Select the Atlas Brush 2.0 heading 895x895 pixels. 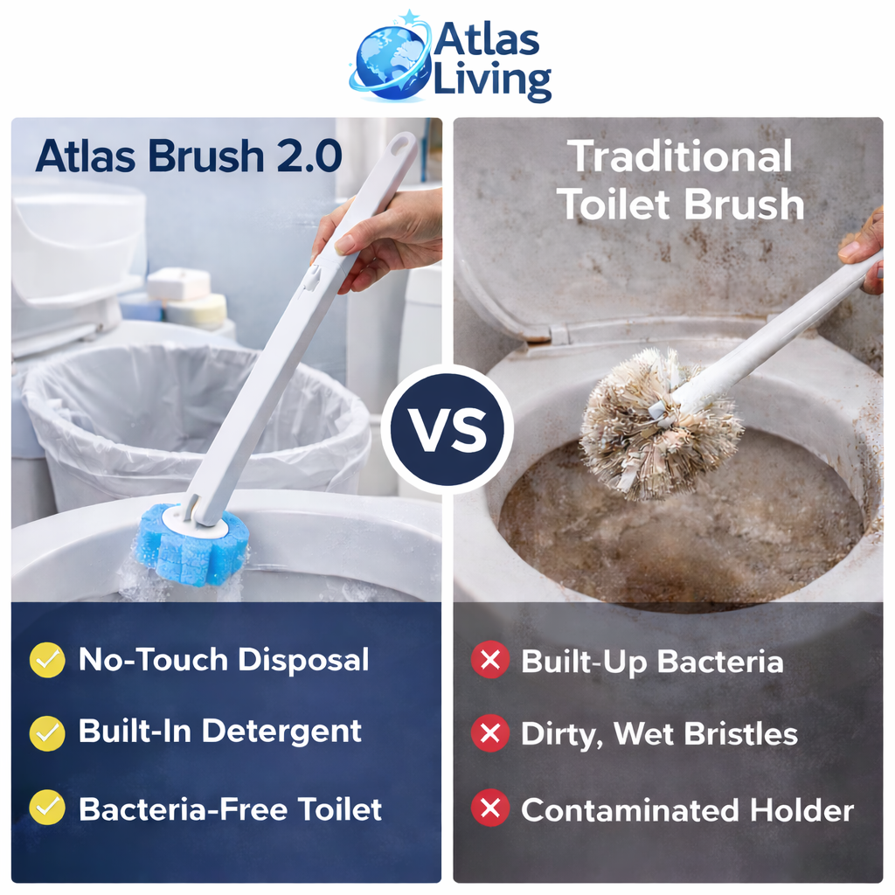[188, 156]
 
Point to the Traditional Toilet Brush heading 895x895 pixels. [681, 181]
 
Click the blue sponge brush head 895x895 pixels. [193, 544]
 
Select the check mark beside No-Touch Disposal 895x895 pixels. [47, 660]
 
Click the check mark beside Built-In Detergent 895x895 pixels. [47, 732]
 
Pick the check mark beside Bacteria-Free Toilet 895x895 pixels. [47, 808]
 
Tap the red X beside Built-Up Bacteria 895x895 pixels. [489, 661]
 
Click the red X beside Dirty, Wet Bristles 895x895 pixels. [489, 734]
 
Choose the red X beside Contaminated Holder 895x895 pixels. [489, 808]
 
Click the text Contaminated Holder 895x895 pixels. [687, 810]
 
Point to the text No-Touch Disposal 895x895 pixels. [224, 660]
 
